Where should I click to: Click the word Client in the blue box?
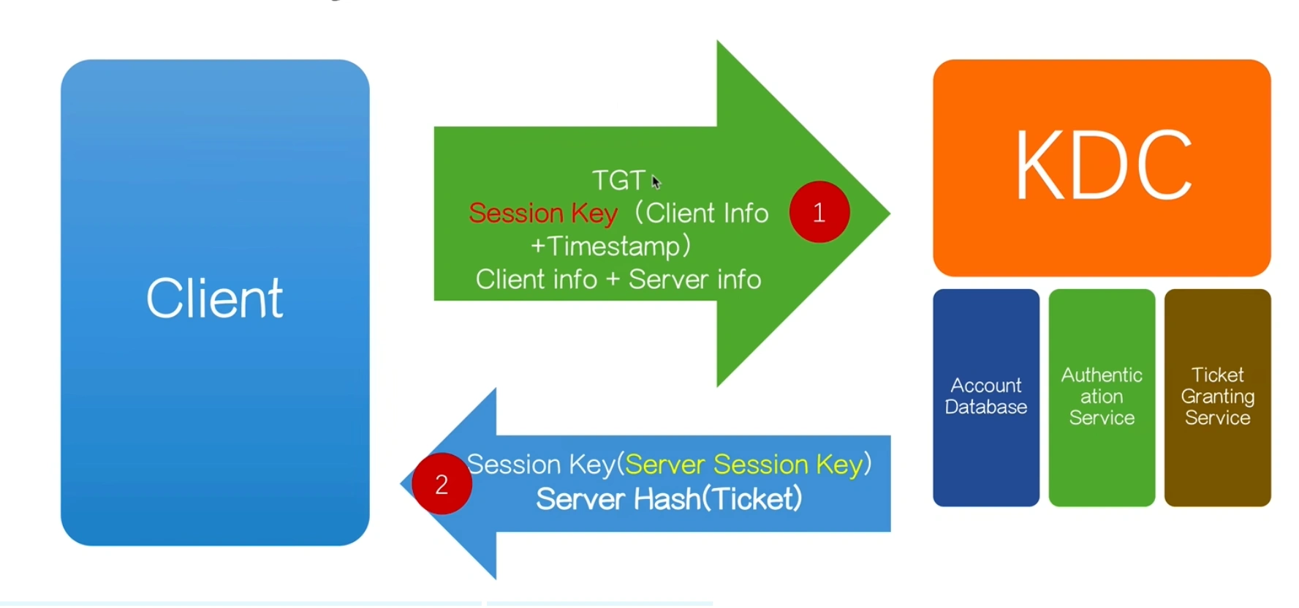[x=214, y=299]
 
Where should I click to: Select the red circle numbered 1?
[x=819, y=212]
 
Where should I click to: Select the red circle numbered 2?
[x=442, y=484]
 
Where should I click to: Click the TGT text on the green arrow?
[x=618, y=180]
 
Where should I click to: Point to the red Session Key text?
[x=543, y=213]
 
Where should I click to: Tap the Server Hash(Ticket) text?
[x=669, y=499]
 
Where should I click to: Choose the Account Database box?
[x=985, y=397]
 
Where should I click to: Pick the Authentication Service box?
[x=1102, y=397]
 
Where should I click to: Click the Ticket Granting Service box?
[x=1217, y=397]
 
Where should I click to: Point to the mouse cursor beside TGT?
[x=656, y=181]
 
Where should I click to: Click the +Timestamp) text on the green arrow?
[x=610, y=246]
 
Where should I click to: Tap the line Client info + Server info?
[x=618, y=279]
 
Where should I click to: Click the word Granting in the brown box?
[x=1217, y=397]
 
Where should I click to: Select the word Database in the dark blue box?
[x=985, y=408]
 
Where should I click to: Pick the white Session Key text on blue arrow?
[x=541, y=465]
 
